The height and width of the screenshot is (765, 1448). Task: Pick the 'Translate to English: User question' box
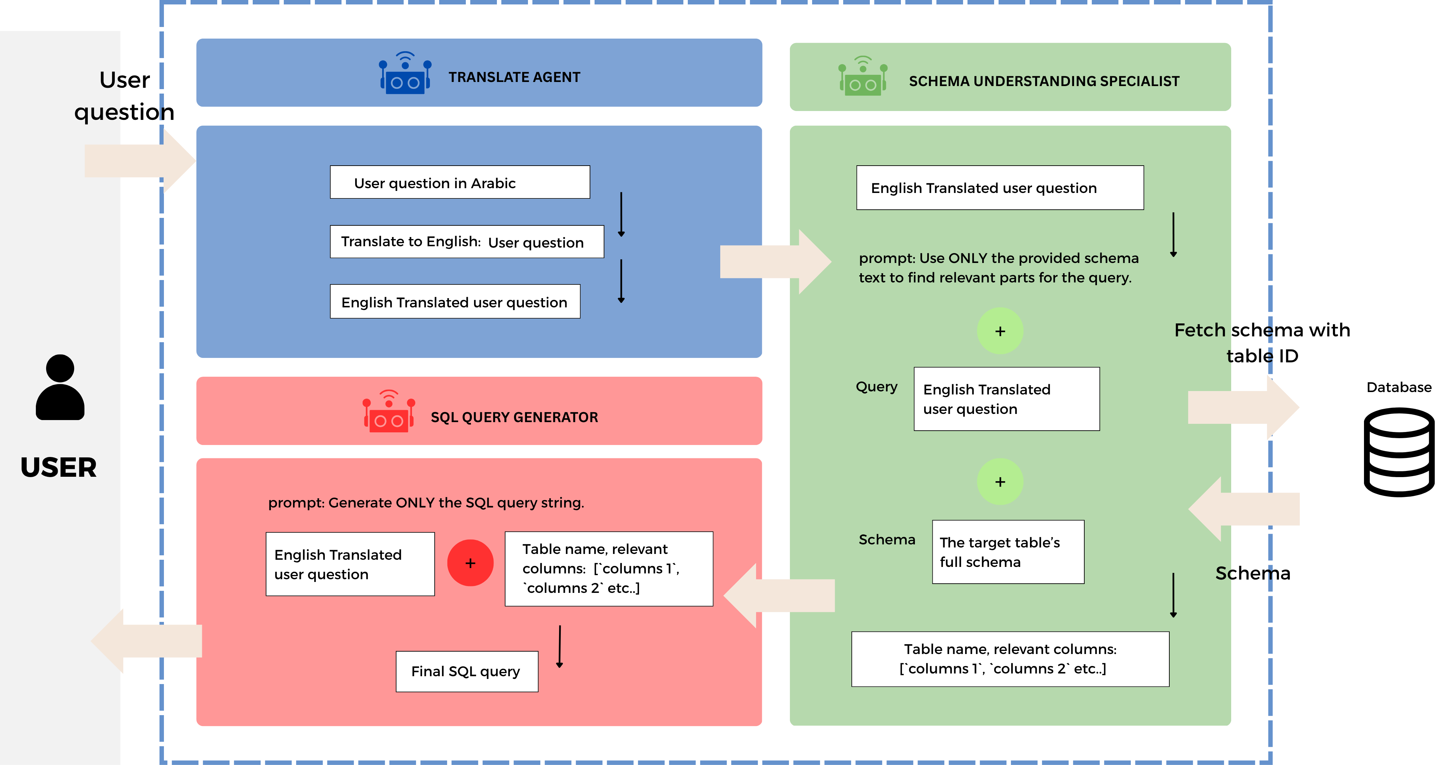pos(467,242)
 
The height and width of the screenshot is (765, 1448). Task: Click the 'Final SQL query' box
pos(467,671)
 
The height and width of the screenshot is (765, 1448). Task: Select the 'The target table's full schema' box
pos(1007,552)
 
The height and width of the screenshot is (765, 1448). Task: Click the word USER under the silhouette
pos(58,468)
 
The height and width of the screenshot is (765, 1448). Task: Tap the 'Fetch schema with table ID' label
pos(1262,342)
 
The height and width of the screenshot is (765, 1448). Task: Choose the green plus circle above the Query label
pos(1000,331)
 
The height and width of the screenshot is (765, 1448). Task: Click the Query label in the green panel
pos(876,387)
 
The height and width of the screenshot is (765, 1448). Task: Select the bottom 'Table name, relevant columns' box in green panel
pos(1010,659)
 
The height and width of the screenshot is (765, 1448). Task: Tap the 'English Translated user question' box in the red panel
pos(350,564)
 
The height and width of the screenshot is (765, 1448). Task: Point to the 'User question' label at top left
pos(124,96)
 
